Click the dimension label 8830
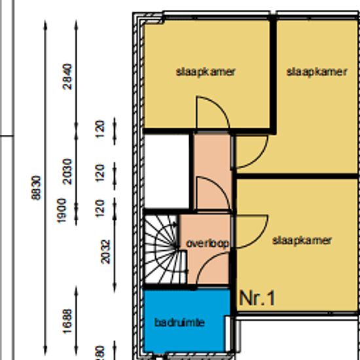point(36,188)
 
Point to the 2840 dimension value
point(67,77)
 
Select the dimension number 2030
point(67,171)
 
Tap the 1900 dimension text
point(62,211)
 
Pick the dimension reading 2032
point(105,251)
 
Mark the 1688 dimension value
point(67,321)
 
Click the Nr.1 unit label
point(257,298)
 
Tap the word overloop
point(207,243)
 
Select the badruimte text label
point(179,323)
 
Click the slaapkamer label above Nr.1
point(302,241)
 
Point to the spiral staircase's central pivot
point(177,247)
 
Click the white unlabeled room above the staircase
point(166,171)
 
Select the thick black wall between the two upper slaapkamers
point(273,76)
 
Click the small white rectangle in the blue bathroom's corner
point(228,334)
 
